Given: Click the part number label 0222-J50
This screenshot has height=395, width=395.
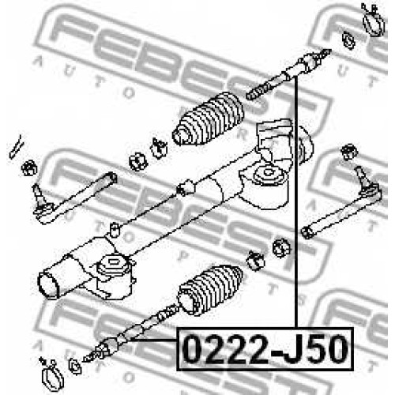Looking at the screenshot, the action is pyautogui.click(x=265, y=349).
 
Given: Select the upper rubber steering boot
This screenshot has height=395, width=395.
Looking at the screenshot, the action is pyautogui.click(x=208, y=119).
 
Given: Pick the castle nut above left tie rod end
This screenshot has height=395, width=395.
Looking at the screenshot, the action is pyautogui.click(x=29, y=168).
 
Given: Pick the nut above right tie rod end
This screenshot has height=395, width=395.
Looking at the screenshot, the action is pyautogui.click(x=349, y=152).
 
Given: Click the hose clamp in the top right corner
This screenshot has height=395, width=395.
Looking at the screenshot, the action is pyautogui.click(x=373, y=20).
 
